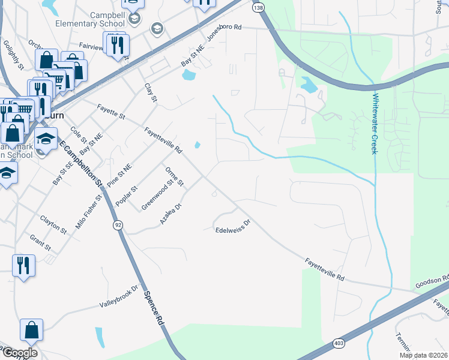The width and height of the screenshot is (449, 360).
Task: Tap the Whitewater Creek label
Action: coord(375,124)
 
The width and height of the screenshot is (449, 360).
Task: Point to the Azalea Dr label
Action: coord(170,214)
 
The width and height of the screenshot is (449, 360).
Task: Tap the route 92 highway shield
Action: coord(118,225)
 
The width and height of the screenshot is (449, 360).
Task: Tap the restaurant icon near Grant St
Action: coord(23,265)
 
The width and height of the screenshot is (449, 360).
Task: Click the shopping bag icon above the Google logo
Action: coord(31,329)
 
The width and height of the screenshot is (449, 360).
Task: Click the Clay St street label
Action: coord(150,92)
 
